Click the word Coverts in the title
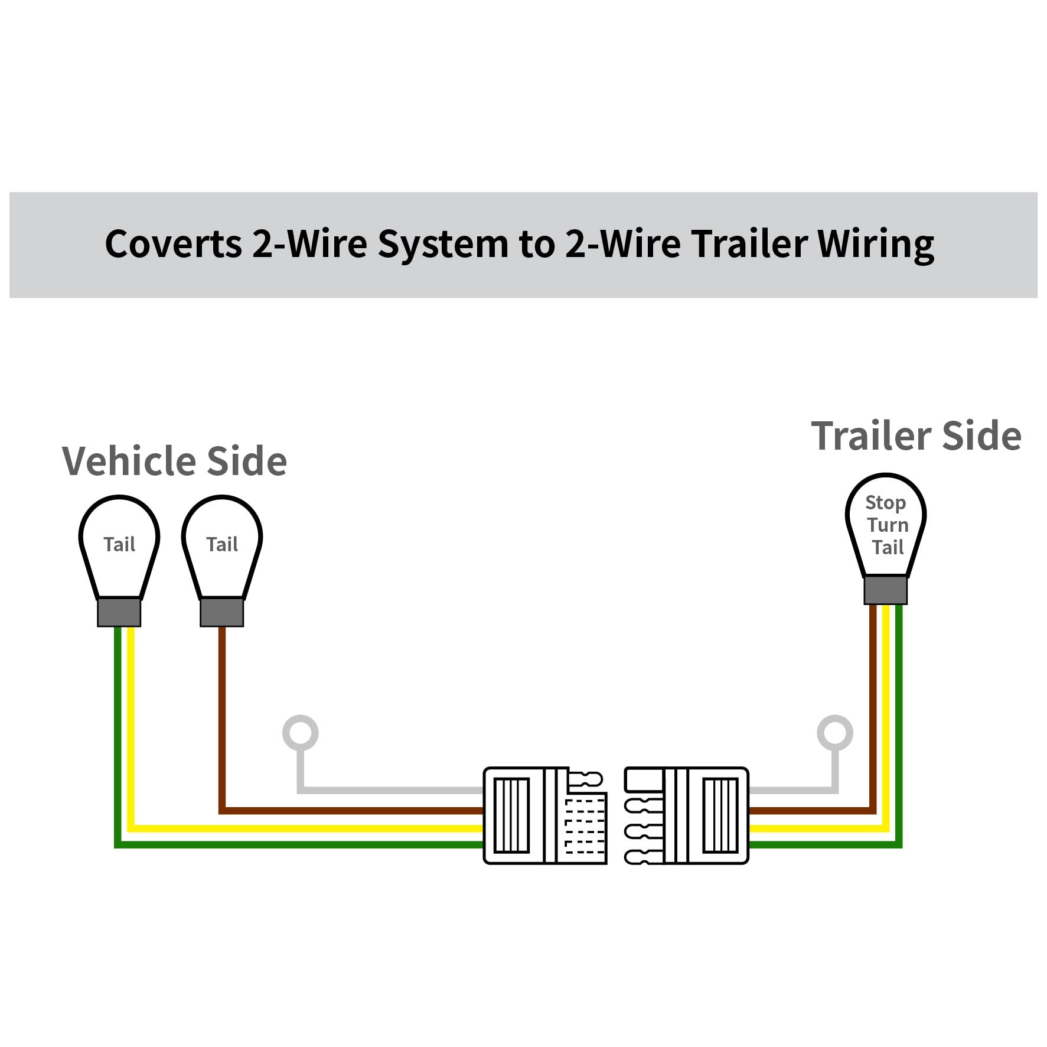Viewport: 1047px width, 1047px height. coord(174,243)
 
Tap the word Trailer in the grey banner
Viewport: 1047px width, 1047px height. coord(750,243)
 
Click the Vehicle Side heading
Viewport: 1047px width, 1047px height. coord(174,461)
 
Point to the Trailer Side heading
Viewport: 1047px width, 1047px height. coord(916,436)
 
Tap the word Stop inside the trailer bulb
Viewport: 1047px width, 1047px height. coord(885,503)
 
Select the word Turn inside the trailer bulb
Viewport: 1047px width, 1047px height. coord(888,525)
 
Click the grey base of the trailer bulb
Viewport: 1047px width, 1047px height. coord(885,590)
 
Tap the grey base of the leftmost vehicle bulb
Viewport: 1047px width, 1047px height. coord(119,613)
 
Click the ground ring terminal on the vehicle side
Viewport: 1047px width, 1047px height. coord(301,733)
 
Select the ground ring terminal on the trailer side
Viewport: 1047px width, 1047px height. coord(835,733)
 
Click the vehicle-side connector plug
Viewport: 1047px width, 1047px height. coord(545,816)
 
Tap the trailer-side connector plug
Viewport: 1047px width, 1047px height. coord(687,816)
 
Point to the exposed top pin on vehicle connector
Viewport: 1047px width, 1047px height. coord(586,779)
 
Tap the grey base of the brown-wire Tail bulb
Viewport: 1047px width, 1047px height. coord(222,613)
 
